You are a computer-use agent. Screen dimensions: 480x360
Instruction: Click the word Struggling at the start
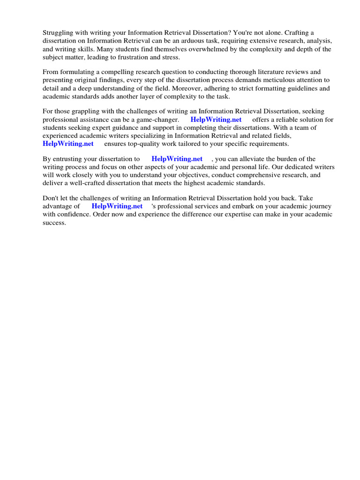(x=58, y=32)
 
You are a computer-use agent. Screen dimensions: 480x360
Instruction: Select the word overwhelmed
(x=199, y=49)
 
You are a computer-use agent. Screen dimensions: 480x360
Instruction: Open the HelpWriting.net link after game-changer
(x=216, y=120)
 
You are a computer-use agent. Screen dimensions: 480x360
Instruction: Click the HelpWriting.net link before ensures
(x=68, y=143)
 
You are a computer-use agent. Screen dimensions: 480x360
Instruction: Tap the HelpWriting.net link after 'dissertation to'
(x=177, y=159)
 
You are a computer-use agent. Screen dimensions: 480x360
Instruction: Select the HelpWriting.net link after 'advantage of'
(x=117, y=206)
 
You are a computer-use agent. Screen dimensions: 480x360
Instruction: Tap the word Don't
(x=51, y=197)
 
